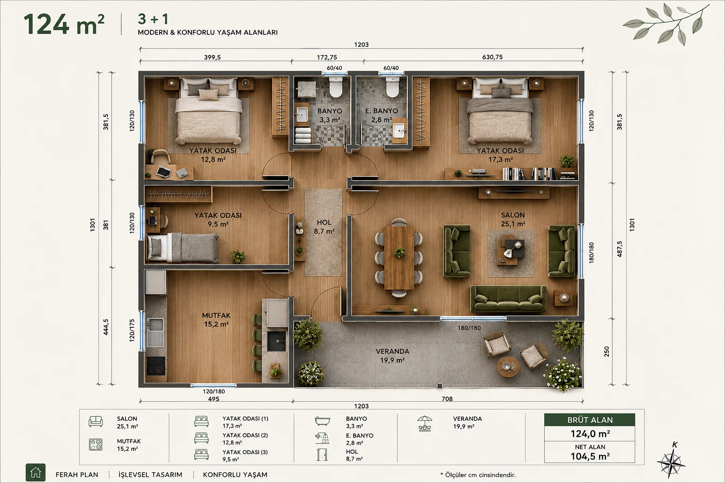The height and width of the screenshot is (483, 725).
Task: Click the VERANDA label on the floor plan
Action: point(392,351)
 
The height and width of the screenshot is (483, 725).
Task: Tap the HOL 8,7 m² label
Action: point(324,227)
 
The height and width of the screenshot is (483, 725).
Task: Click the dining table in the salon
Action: point(399,258)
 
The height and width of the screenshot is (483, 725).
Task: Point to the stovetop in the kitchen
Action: point(156,366)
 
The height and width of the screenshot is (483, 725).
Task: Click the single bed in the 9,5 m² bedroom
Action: point(183,248)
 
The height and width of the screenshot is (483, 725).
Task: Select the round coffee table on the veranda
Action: point(508,366)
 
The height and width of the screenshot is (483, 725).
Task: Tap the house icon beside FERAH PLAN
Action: point(35,472)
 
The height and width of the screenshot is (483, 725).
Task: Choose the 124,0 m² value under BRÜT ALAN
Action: point(590,433)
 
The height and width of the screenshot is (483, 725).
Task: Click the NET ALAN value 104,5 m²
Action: point(590,457)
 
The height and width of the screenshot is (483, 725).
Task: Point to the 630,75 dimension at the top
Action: point(492,57)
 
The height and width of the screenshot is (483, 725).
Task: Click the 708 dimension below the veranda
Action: point(447,399)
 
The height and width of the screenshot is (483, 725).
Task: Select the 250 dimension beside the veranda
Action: point(607,352)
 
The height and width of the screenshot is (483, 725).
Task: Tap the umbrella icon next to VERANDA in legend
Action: point(425,424)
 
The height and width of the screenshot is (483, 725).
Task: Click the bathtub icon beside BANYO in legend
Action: point(322,421)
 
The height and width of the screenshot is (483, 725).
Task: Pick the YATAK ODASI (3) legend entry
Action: point(245,456)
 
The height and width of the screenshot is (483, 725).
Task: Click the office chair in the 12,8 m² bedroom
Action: point(160,156)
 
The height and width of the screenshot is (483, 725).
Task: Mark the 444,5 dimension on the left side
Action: point(106,327)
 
